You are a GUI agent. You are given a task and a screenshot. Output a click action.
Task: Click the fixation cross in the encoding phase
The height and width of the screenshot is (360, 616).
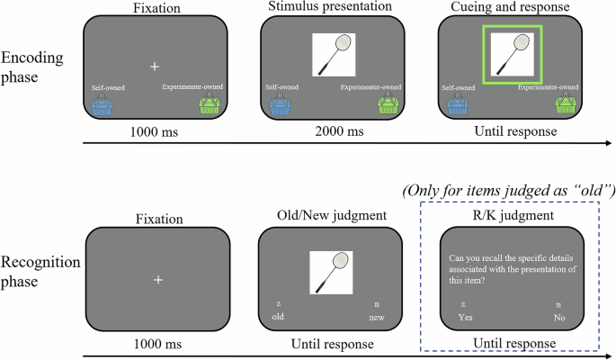point(155,67)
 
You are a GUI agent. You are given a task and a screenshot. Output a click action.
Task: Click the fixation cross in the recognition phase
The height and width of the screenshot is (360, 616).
point(157,281)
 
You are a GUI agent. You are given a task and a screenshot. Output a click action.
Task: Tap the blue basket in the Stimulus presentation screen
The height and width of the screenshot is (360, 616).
point(281,106)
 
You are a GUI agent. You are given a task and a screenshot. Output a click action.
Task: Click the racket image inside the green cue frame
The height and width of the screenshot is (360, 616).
point(512,54)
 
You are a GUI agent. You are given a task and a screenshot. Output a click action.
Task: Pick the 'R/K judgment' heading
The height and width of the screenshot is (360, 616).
point(511,216)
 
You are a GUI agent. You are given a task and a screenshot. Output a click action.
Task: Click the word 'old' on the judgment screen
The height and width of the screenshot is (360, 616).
point(279,318)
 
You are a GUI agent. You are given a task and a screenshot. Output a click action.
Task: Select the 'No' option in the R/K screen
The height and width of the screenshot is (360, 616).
point(559,318)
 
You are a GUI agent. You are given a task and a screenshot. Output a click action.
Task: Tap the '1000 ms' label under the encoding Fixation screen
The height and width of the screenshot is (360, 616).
point(155,132)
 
